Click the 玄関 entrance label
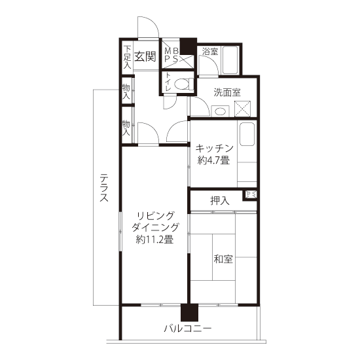pyautogui.click(x=145, y=56)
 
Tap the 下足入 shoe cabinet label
pyautogui.click(x=127, y=58)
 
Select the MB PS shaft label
pyautogui.click(x=171, y=55)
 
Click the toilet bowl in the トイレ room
pyautogui.click(x=183, y=84)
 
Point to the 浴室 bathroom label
pyautogui.click(x=210, y=51)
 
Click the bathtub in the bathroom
pyautogui.click(x=230, y=60)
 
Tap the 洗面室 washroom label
pyautogui.click(x=227, y=92)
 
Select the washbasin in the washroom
pyautogui.click(x=221, y=111)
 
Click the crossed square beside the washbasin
pyautogui.click(x=242, y=109)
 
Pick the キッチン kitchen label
pyautogui.click(x=214, y=149)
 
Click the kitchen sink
pyautogui.click(x=247, y=134)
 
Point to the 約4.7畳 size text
pyautogui.click(x=213, y=160)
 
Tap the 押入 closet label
pyautogui.click(x=220, y=201)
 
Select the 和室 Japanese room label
pyautogui.click(x=223, y=259)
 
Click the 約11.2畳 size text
pyautogui.click(x=154, y=240)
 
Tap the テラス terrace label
pyautogui.click(x=104, y=188)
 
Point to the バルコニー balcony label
pyautogui.click(x=188, y=329)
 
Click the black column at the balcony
pyautogui.click(x=189, y=312)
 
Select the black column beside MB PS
pyautogui.click(x=188, y=46)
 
